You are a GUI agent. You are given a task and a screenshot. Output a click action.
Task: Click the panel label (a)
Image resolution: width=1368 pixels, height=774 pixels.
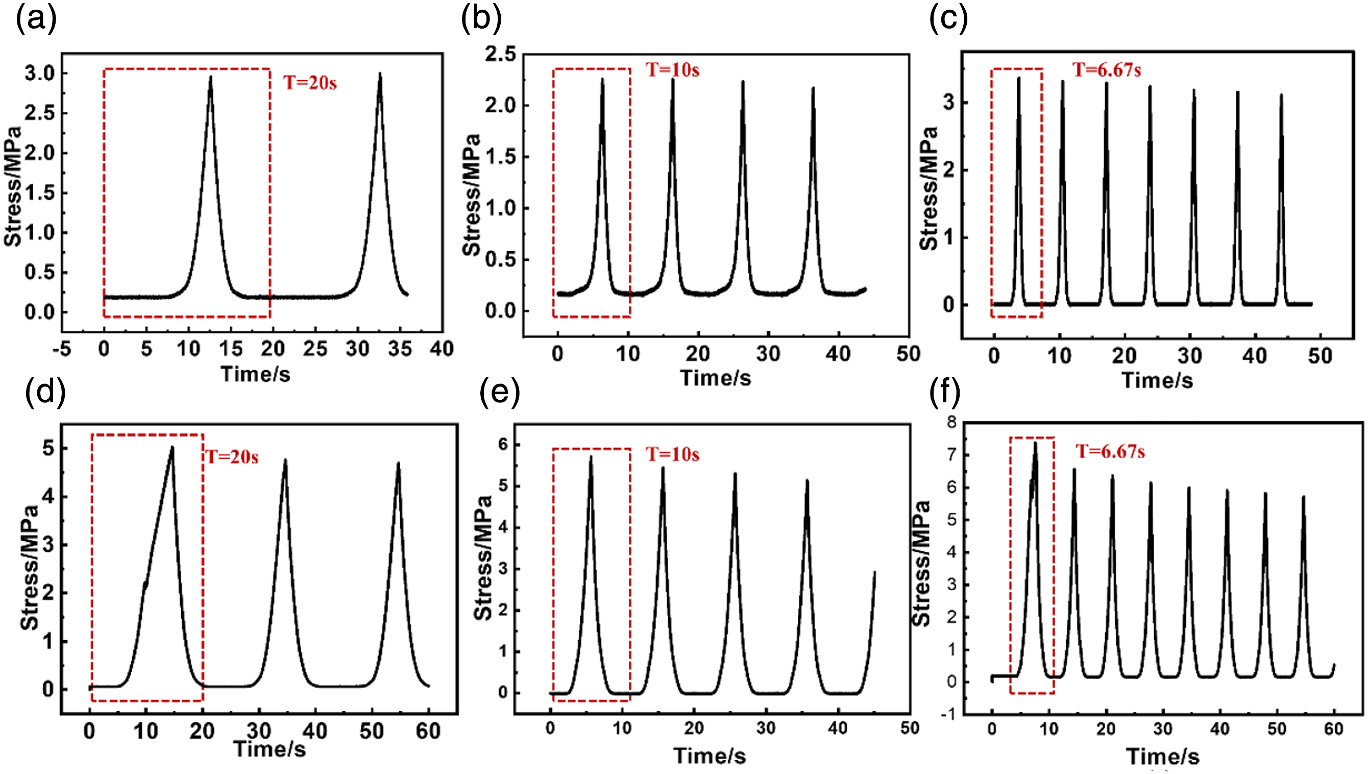[x=36, y=20]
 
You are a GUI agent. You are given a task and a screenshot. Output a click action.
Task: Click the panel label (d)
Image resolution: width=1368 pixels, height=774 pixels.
[x=46, y=392]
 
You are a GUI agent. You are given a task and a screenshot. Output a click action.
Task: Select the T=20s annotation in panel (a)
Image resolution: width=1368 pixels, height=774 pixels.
[x=310, y=82]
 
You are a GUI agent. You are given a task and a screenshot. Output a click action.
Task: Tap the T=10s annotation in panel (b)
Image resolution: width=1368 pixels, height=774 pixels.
[x=672, y=69]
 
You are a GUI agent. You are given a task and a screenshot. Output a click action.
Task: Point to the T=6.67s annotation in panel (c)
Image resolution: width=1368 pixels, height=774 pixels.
[x=1107, y=69]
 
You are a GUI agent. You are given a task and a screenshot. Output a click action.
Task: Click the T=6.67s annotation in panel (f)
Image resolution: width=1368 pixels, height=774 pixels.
[x=1110, y=451]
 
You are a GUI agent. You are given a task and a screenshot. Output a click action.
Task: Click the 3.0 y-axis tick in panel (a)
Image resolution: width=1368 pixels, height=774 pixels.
[x=40, y=74]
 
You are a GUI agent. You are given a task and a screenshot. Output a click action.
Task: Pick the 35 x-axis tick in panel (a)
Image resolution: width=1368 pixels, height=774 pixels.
[x=400, y=349]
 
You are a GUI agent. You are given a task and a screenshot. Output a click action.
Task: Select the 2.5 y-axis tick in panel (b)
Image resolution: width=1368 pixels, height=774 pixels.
[x=500, y=54]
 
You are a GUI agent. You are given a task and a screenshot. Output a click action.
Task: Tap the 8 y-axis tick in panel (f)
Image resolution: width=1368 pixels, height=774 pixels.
[x=951, y=422]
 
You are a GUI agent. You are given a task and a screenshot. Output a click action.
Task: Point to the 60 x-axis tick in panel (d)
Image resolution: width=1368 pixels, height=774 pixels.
[x=428, y=731]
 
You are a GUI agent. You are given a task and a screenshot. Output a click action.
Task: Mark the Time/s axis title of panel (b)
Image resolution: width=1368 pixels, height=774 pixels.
[x=715, y=378]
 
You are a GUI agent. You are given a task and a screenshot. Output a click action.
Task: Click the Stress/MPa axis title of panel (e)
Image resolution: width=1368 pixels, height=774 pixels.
[x=483, y=558]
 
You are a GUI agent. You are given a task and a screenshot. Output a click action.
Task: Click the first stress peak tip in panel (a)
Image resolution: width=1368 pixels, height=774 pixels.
[x=210, y=77]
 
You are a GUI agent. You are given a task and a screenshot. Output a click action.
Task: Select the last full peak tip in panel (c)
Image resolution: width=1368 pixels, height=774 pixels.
[x=1281, y=94]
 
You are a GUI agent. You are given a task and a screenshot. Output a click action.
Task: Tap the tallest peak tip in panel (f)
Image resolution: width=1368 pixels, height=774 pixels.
[x=1035, y=442]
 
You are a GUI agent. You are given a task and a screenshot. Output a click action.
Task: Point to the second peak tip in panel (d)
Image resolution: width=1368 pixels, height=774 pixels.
[x=285, y=460]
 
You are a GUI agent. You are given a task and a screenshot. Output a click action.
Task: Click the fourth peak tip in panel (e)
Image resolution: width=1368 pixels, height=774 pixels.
[x=808, y=480]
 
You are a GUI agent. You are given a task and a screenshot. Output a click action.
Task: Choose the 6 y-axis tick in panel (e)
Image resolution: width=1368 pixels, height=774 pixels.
[x=502, y=444]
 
